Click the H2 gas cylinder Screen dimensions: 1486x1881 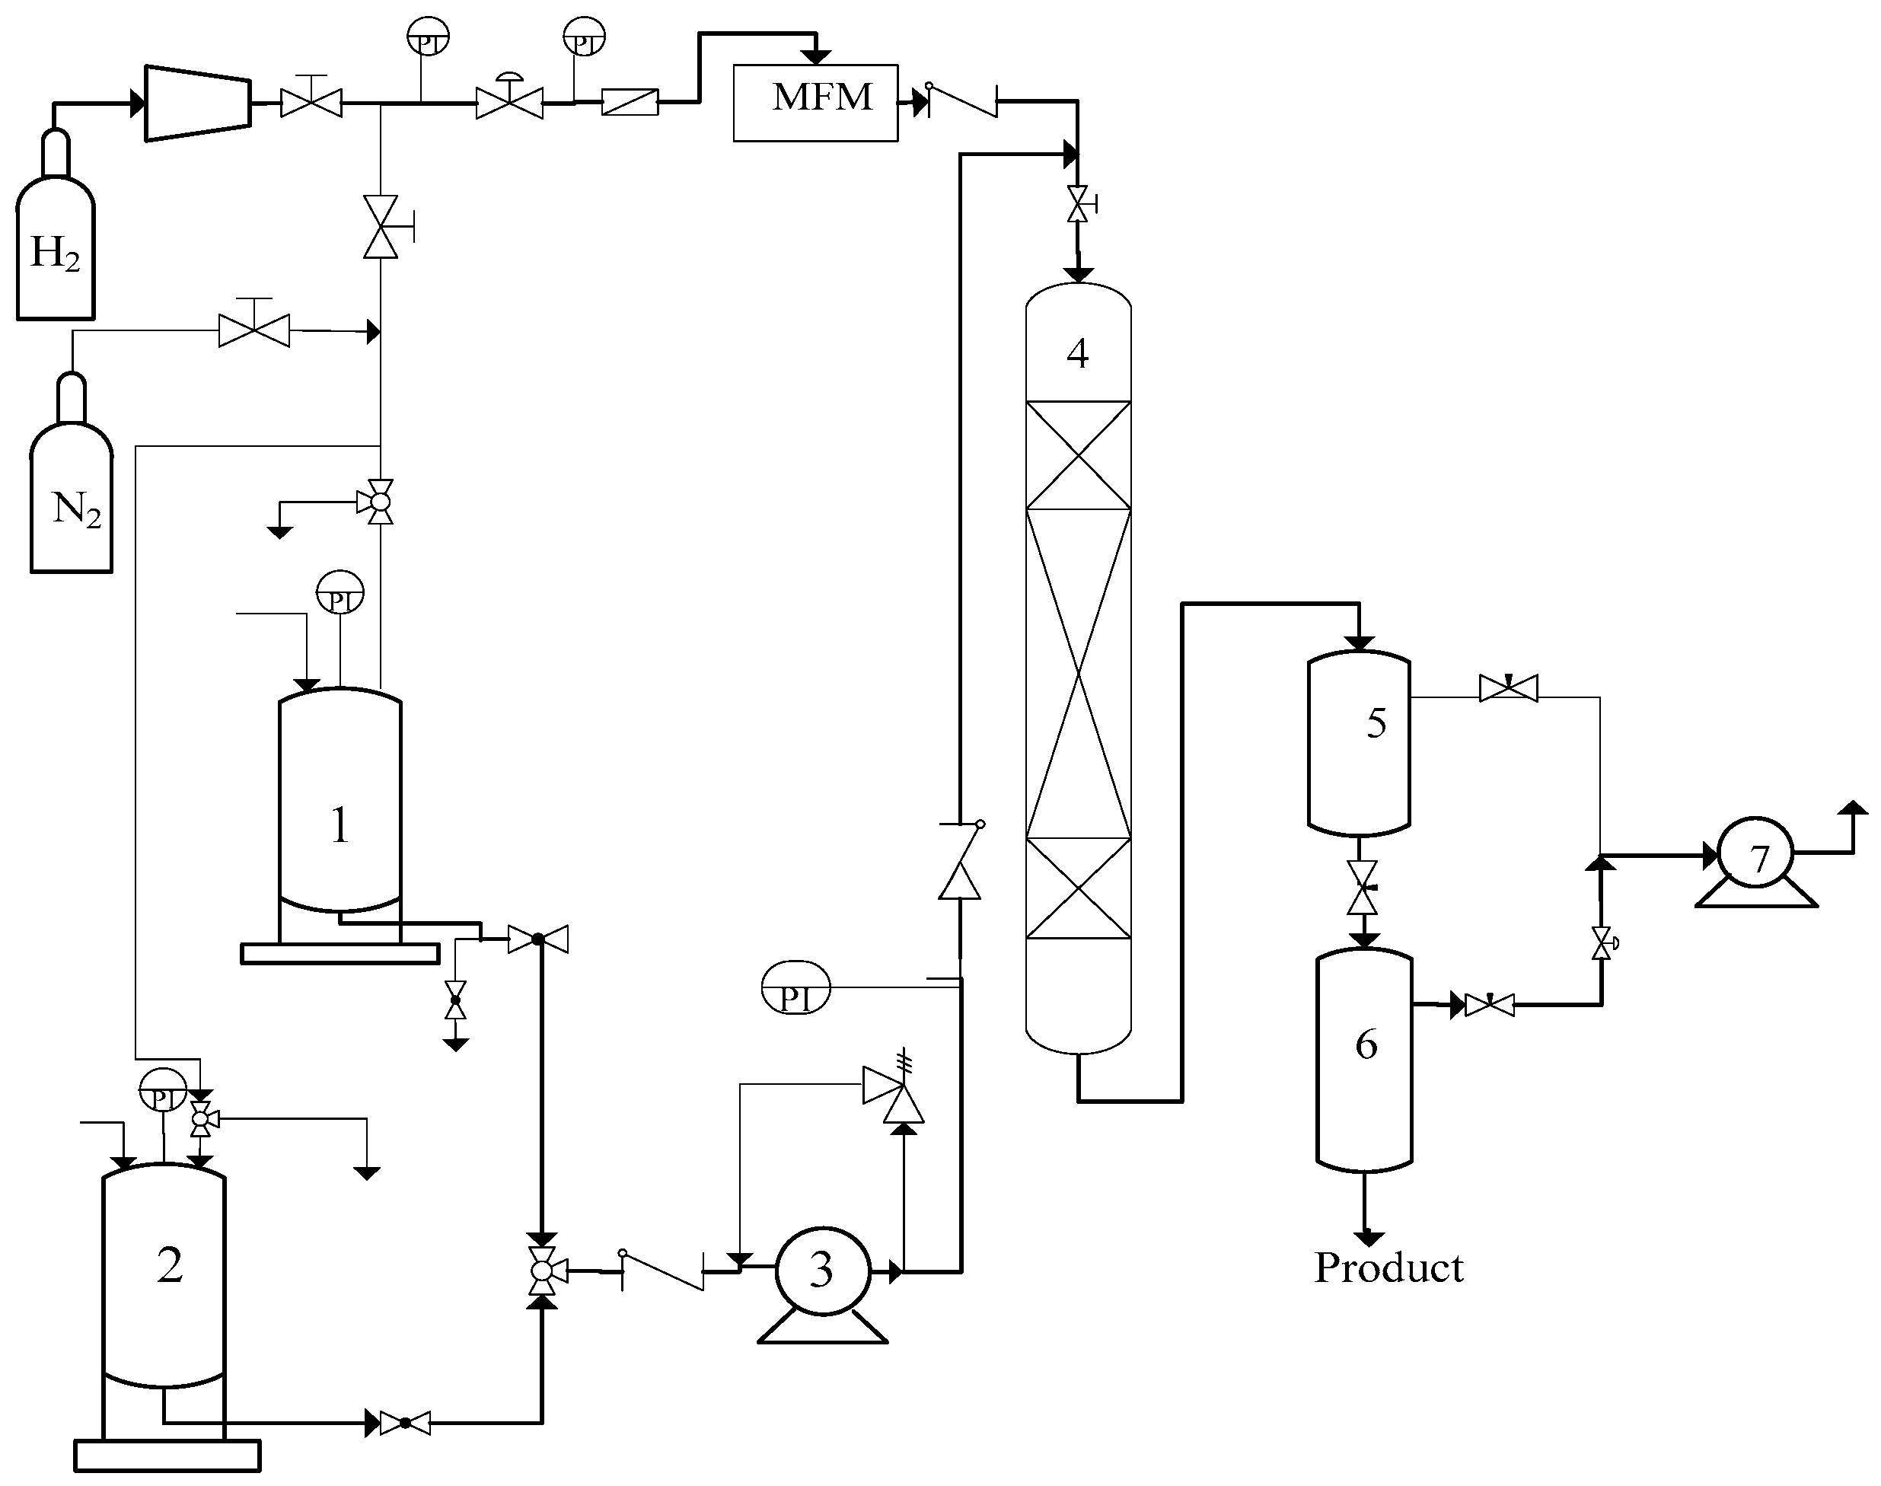(55, 244)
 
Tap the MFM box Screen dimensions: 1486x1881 (815, 102)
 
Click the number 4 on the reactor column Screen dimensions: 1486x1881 (1077, 353)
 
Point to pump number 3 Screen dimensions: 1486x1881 (821, 1271)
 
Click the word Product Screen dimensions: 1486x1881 (1388, 1268)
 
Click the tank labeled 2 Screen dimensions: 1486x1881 (164, 1279)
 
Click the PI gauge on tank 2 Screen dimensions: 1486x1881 (163, 1089)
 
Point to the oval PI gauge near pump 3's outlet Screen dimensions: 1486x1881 (795, 988)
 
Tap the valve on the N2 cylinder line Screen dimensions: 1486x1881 (254, 330)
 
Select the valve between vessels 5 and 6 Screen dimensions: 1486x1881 (1362, 888)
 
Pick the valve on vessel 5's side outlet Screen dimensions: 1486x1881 (1508, 689)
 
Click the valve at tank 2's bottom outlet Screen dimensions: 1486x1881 (404, 1424)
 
